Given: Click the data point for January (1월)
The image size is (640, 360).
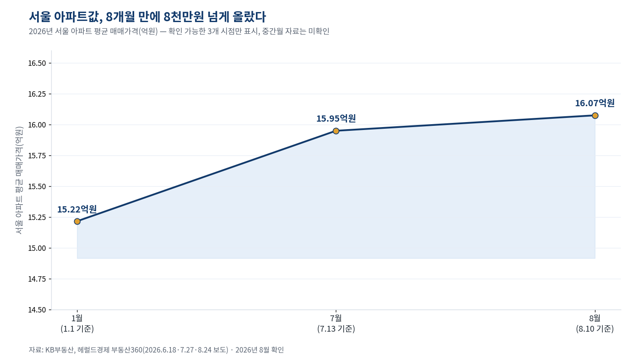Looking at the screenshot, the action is [77, 221].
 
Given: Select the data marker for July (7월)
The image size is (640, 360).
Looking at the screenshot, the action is [336, 131].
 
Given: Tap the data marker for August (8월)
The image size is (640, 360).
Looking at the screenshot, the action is [595, 115].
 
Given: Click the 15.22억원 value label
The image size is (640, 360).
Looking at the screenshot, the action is [77, 209].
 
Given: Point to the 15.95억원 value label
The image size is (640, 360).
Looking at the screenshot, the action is [336, 118].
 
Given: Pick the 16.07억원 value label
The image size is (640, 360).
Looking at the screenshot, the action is [595, 103].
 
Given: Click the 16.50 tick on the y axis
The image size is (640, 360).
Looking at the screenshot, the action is [37, 63].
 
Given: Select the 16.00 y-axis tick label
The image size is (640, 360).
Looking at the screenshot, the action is [37, 125].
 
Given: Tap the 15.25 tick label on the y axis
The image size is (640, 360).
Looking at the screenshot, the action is [37, 217].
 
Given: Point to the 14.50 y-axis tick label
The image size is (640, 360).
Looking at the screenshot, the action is [37, 310].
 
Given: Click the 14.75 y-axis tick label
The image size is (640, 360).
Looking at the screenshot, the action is [37, 279].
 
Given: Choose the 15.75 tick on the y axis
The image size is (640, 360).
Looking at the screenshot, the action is [37, 156].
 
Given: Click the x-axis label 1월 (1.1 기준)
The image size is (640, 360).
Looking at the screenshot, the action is [77, 323].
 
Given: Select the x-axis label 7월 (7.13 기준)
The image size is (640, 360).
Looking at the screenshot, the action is [336, 323].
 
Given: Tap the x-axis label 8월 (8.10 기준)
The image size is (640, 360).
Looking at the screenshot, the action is [595, 323].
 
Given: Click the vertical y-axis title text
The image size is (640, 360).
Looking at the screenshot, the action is [19, 180].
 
